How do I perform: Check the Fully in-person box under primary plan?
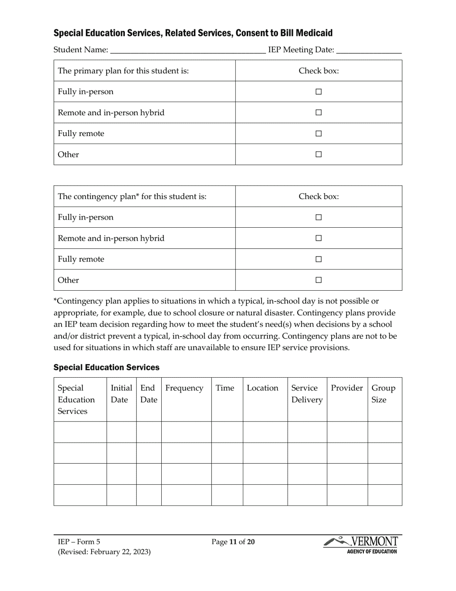pos(318,92)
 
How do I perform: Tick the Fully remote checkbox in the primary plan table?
pos(318,134)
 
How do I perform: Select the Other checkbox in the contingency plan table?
pos(318,280)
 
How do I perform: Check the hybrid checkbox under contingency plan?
pos(318,238)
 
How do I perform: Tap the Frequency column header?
pos(184,388)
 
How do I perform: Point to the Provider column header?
pos(347,388)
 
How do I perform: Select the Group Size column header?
pos(384,394)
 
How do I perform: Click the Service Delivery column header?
pos(307,394)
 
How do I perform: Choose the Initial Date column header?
pos(121,394)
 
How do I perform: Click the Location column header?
pos(263,388)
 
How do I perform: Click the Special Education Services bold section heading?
pos(106,368)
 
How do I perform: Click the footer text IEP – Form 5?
pos(79,542)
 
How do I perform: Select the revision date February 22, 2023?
pos(121,552)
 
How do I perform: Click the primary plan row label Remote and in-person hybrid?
pos(111,113)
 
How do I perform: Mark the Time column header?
pos(225,388)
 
